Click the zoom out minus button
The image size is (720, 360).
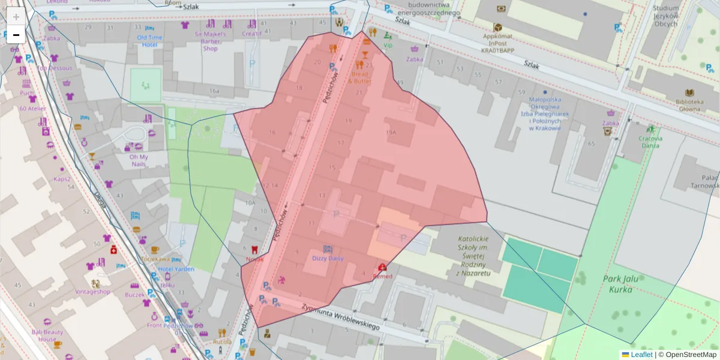coord(16,35)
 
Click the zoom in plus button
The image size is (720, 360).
coord(16,17)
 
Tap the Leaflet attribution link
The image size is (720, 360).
coord(641,355)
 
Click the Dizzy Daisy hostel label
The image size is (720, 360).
coord(328,258)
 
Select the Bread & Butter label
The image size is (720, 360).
coord(360,77)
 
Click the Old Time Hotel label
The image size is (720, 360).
coord(149,41)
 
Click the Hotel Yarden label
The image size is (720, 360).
coord(176,269)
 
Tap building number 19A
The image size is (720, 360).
coord(391,132)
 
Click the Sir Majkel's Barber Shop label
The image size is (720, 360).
coord(210,41)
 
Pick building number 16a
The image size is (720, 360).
coord(214,91)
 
